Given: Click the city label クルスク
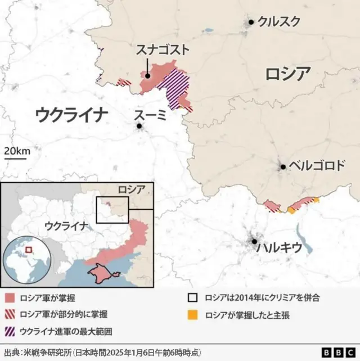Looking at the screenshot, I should click(x=278, y=22).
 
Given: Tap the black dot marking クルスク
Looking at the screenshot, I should click(x=251, y=22).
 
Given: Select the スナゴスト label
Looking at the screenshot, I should click(x=163, y=51).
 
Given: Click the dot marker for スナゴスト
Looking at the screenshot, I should click(x=147, y=76).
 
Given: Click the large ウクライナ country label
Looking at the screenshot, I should click(x=71, y=115).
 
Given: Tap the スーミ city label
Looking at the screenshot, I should click(x=150, y=115).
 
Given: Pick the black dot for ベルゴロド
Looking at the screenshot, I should click(x=283, y=166).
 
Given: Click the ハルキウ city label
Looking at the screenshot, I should click(x=279, y=248).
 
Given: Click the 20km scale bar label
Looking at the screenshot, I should click(x=17, y=151).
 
